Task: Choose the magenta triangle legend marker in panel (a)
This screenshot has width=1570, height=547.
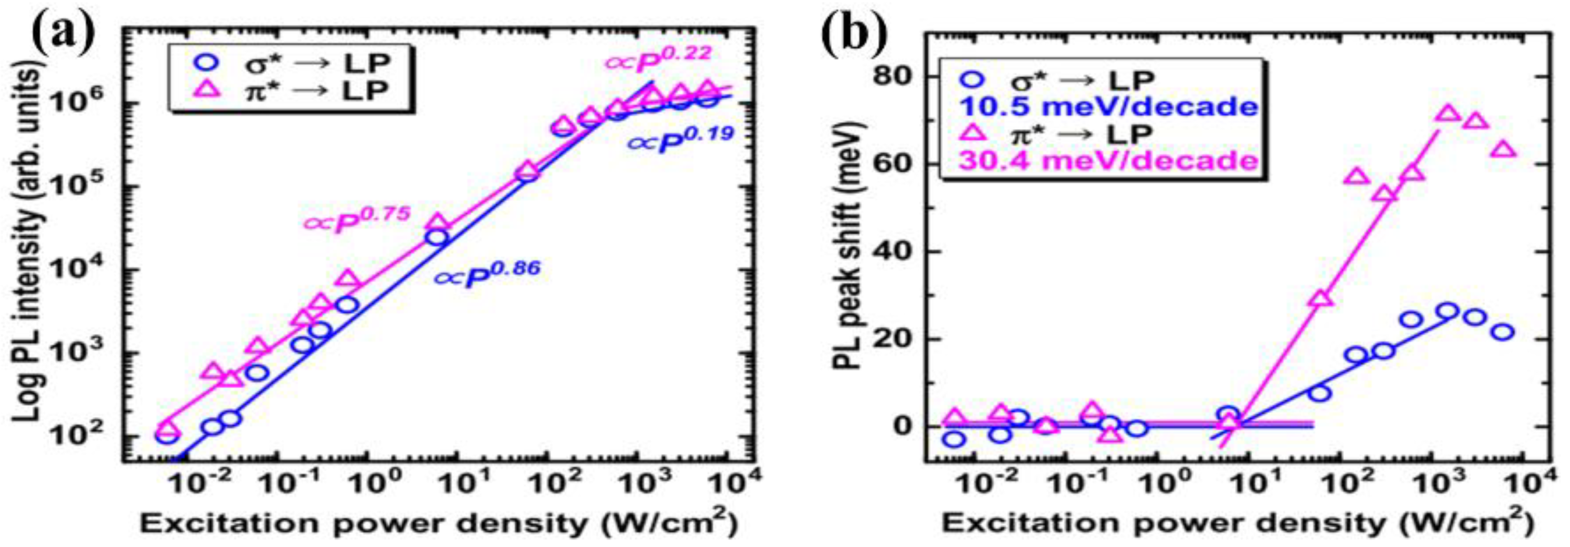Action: point(203,90)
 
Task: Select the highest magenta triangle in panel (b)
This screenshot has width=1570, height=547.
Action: point(1448,114)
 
